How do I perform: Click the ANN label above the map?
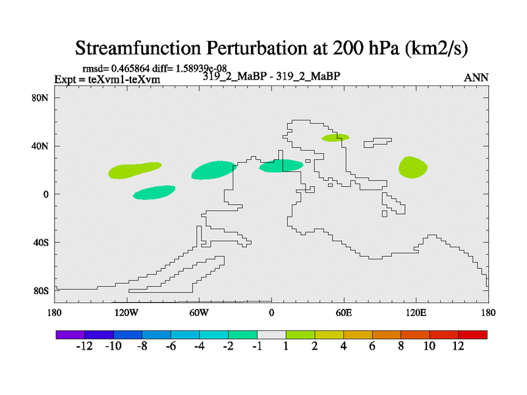click(476, 78)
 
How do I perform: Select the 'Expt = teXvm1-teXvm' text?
click(107, 80)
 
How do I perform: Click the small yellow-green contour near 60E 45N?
click(335, 138)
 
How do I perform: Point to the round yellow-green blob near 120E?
click(412, 167)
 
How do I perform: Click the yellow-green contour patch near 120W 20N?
click(134, 171)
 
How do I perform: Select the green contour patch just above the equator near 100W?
click(153, 192)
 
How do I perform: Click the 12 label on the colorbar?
click(458, 347)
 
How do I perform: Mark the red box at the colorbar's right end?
click(472, 334)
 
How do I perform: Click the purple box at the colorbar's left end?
click(70, 334)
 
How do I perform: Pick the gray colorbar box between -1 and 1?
click(271, 334)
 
